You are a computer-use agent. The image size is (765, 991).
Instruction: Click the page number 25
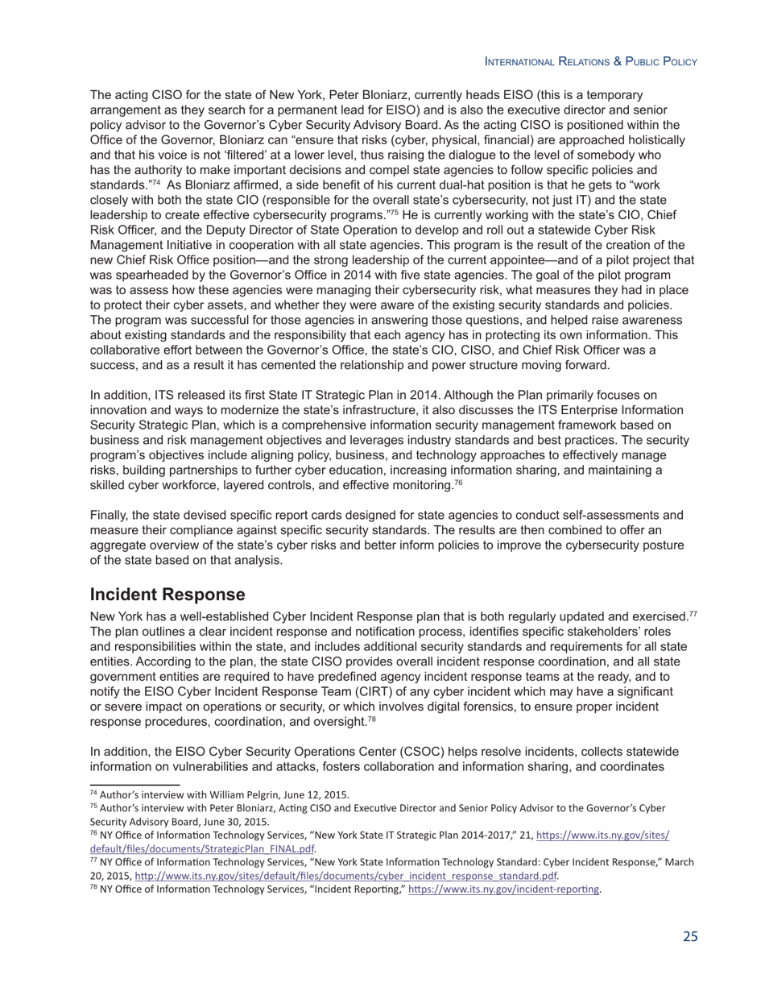click(690, 936)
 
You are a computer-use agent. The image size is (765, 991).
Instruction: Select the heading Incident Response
click(167, 595)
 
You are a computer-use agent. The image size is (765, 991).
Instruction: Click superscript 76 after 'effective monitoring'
click(458, 483)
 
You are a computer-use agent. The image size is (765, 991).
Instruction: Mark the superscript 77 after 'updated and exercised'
click(693, 614)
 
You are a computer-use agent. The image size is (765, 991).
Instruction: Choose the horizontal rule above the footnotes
click(134, 784)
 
